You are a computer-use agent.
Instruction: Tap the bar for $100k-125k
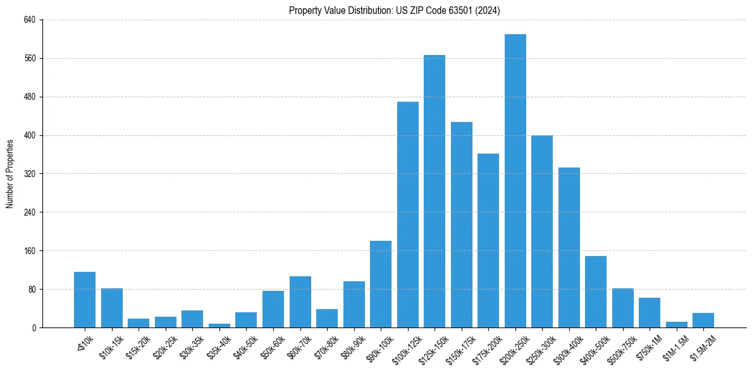pyautogui.click(x=407, y=214)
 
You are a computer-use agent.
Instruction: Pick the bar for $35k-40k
pyautogui.click(x=219, y=326)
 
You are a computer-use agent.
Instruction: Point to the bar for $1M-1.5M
pyautogui.click(x=676, y=324)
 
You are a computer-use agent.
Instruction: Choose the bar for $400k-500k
pyautogui.click(x=596, y=291)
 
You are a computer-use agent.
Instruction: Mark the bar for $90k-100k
pyautogui.click(x=381, y=284)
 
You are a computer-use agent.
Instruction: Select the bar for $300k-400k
pyautogui.click(x=569, y=247)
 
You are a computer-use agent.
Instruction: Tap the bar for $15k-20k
pyautogui.click(x=139, y=323)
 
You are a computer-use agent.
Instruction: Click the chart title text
pyautogui.click(x=394, y=11)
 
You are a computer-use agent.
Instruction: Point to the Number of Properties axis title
pyautogui.click(x=10, y=173)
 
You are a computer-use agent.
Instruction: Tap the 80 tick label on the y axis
pyautogui.click(x=32, y=289)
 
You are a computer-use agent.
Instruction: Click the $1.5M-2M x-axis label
pyautogui.click(x=700, y=348)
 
